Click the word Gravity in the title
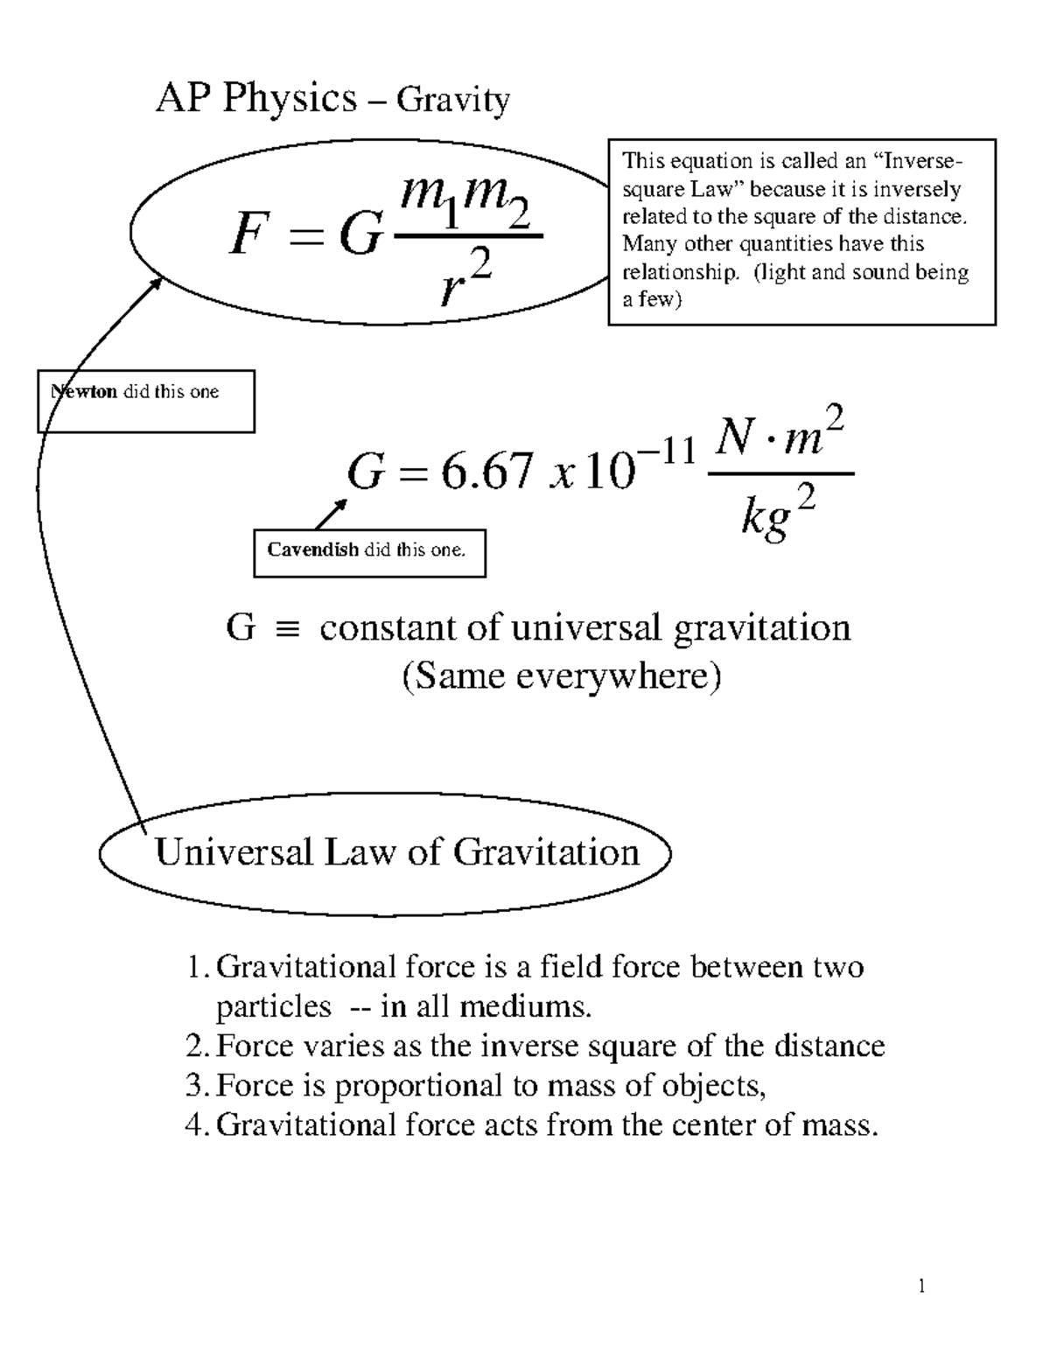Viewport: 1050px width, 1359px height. point(452,101)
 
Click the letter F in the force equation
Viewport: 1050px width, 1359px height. point(250,236)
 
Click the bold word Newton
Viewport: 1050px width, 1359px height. point(85,392)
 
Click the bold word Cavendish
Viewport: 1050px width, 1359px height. point(312,550)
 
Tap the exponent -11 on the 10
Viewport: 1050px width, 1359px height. point(667,452)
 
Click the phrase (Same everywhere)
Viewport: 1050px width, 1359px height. point(561,676)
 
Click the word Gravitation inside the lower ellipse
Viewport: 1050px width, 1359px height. point(547,851)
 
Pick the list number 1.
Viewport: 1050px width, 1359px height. point(194,968)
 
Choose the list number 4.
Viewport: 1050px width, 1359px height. point(194,1124)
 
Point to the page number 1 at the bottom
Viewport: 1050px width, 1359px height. point(921,1285)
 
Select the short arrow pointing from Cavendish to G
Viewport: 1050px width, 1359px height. point(331,515)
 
